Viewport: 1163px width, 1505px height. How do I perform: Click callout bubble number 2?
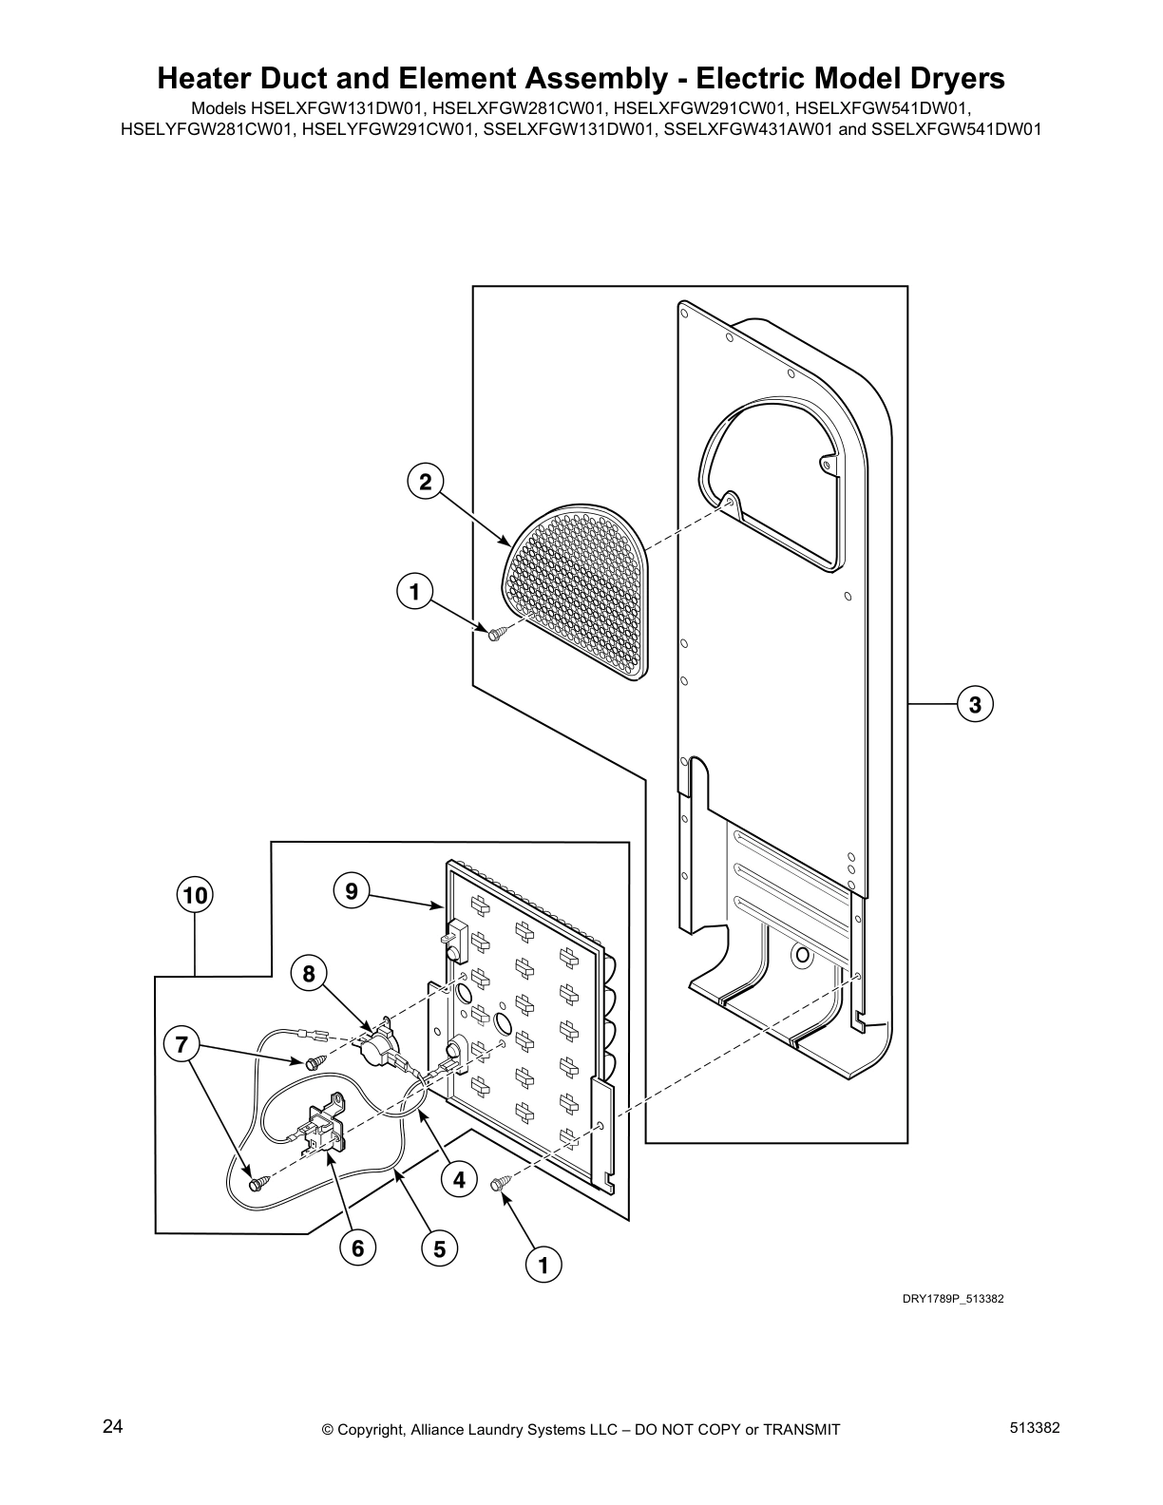426,482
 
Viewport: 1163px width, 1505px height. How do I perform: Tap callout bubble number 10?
195,895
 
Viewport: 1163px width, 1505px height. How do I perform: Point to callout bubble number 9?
352,891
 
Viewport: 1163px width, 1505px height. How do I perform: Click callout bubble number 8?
309,973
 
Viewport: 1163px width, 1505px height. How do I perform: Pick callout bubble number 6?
358,1248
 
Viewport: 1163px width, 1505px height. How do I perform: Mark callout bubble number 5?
440,1249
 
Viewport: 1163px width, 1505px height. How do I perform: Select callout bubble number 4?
460,1181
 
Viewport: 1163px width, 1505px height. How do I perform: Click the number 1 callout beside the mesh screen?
413,592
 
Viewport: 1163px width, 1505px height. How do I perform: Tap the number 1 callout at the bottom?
543,1266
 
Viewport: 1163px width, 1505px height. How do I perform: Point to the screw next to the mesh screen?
495,634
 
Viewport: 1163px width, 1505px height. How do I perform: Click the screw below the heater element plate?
498,1183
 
